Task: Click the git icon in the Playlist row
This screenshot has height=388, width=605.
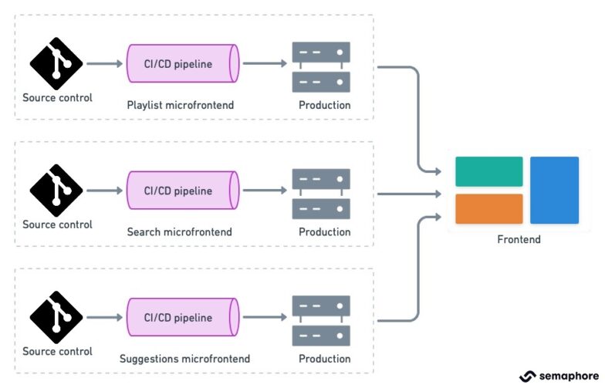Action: pyautogui.click(x=56, y=63)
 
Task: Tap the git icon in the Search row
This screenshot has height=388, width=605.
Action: pyautogui.click(x=56, y=190)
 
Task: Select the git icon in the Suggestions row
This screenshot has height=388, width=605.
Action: pyautogui.click(x=56, y=317)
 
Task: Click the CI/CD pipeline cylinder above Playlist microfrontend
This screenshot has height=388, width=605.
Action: pyautogui.click(x=183, y=63)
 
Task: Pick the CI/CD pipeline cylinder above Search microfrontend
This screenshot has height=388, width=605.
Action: pyautogui.click(x=183, y=190)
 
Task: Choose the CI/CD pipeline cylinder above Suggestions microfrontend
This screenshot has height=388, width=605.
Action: pyautogui.click(x=183, y=317)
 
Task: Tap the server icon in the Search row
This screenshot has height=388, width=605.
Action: pyautogui.click(x=321, y=194)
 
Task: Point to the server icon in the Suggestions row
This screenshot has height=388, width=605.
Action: pyautogui.click(x=321, y=320)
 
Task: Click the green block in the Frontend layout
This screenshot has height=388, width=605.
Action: pyautogui.click(x=488, y=171)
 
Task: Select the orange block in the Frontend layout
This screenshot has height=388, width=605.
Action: pyautogui.click(x=488, y=209)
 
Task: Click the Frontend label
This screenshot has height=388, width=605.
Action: pyautogui.click(x=519, y=239)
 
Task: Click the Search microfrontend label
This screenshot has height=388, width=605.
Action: pyautogui.click(x=179, y=231)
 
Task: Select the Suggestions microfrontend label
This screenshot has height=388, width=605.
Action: pyautogui.click(x=184, y=359)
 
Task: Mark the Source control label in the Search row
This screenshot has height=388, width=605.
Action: pyautogui.click(x=57, y=224)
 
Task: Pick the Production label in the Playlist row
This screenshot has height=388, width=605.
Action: pyautogui.click(x=325, y=105)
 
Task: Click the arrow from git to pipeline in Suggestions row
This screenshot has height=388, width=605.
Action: pyautogui.click(x=103, y=317)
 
